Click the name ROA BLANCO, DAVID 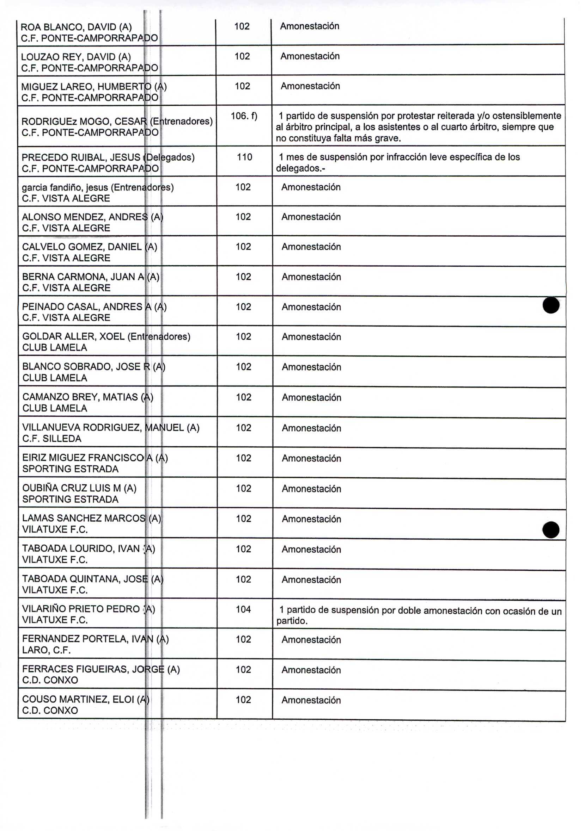[x=76, y=27]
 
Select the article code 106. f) [x=244, y=116]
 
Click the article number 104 [x=243, y=609]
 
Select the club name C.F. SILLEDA [x=52, y=439]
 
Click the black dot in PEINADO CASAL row [x=551, y=305]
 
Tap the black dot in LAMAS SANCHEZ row [x=551, y=530]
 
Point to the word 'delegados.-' [x=300, y=169]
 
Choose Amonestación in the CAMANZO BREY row [x=311, y=397]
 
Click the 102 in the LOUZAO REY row [x=242, y=56]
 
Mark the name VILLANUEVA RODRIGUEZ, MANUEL [x=110, y=428]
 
